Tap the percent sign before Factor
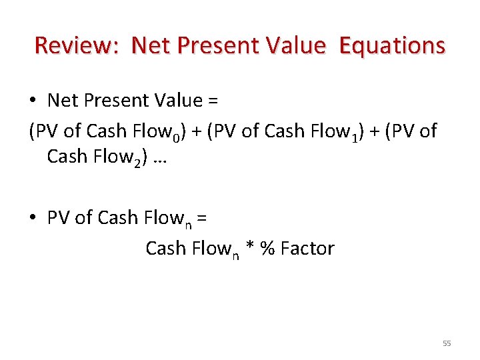268,249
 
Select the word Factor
307,249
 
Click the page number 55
447,343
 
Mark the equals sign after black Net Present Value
213,101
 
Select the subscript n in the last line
236,255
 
